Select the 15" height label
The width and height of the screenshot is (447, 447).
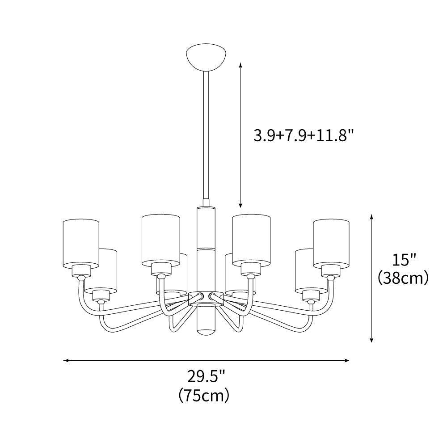point(404,259)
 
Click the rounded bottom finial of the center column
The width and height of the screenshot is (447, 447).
point(206,331)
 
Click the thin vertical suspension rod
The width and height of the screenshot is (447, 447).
point(206,134)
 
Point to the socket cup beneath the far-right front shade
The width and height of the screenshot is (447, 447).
point(331,270)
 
